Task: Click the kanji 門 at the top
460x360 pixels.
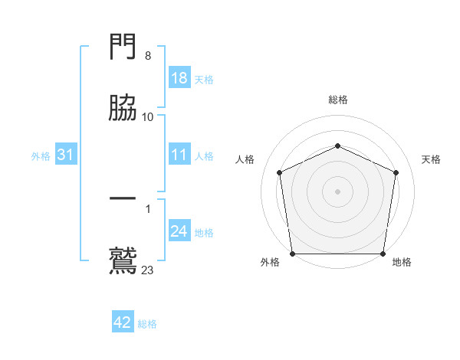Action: coord(123,48)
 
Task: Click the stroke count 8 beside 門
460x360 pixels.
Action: coord(148,56)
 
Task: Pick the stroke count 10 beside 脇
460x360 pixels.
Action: coord(148,116)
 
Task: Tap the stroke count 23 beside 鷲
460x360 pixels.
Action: coord(148,270)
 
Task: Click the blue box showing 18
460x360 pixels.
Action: coord(179,78)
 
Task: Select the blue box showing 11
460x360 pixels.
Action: coord(179,155)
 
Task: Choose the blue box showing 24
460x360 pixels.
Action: coord(179,232)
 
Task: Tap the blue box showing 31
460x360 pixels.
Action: coord(66,155)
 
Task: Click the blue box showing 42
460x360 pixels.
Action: coord(123,322)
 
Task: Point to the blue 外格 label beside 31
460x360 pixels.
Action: coord(41,156)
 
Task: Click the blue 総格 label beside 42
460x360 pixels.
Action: coord(147,324)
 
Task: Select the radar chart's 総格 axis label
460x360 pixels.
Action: coord(337,100)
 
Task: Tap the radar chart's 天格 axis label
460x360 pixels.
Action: coord(431,159)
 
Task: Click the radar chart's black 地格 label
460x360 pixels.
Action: coord(402,262)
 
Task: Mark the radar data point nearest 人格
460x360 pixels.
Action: coord(280,172)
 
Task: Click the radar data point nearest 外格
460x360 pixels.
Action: coord(292,254)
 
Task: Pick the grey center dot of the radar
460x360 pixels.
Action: coord(337,191)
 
